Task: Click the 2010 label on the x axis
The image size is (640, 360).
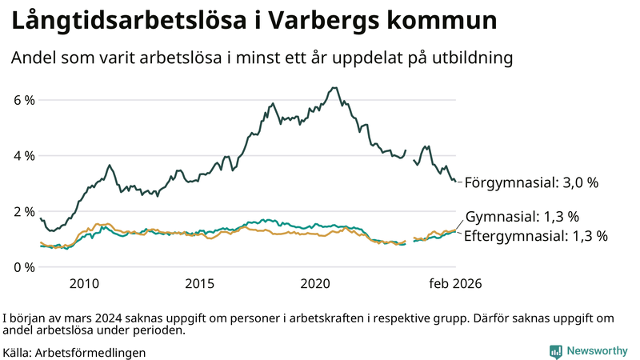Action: tap(84, 283)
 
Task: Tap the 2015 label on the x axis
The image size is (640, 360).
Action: tap(200, 283)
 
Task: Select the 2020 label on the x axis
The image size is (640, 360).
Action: tap(315, 283)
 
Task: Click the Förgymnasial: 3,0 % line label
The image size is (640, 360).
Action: tap(531, 182)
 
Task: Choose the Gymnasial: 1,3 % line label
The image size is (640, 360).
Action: tap(522, 217)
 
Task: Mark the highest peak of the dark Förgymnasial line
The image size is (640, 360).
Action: tap(334, 88)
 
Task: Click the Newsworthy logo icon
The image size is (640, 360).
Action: tap(555, 351)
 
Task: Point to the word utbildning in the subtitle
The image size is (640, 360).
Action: tap(473, 58)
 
